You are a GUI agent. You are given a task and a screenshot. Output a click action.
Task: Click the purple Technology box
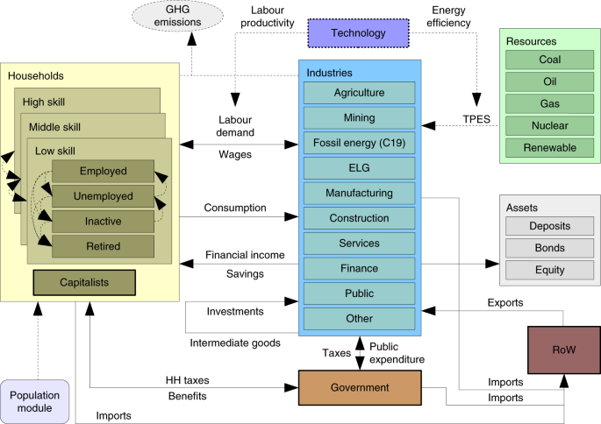click(358, 33)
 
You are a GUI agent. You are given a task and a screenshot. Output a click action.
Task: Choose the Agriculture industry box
click(359, 93)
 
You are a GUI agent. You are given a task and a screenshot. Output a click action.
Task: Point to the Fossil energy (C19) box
click(359, 143)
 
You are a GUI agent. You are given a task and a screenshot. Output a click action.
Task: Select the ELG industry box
click(359, 167)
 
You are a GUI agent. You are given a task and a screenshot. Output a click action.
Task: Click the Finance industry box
click(359, 268)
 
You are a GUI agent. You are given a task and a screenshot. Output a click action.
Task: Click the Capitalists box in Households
click(83, 282)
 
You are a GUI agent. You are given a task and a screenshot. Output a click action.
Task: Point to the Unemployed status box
click(103, 195)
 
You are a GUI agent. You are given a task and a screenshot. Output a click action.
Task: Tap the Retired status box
click(103, 245)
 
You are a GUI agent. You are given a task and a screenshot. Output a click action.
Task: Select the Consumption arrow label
click(235, 208)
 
